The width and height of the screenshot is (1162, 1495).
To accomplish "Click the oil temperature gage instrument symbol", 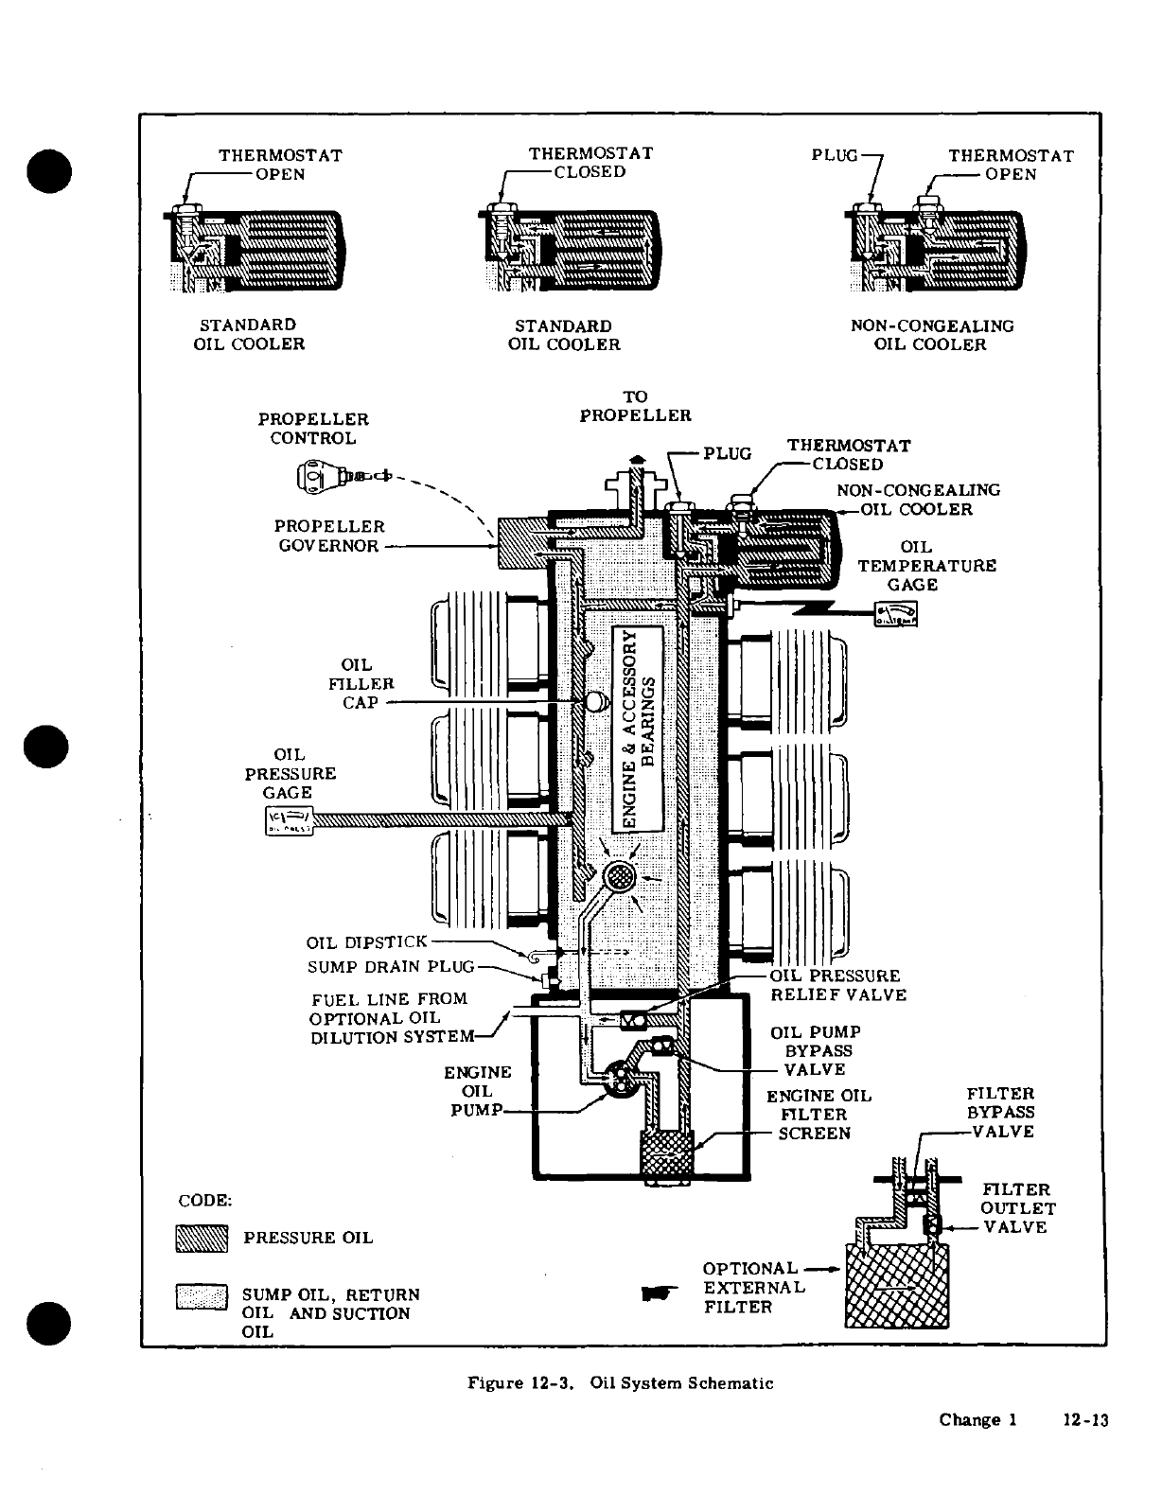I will [x=895, y=616].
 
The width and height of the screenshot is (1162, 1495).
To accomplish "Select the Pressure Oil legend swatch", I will [x=202, y=1239].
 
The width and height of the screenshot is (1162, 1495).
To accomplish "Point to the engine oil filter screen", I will [x=668, y=1155].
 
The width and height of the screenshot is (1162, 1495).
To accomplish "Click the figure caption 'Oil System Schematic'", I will [x=621, y=1383].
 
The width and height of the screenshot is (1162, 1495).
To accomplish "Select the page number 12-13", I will [x=1084, y=1420].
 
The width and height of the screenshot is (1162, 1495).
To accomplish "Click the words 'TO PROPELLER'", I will [x=635, y=407].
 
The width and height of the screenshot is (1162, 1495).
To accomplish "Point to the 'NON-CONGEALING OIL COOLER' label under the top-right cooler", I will [x=931, y=335].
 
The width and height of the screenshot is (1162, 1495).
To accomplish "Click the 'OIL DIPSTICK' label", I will [x=366, y=943].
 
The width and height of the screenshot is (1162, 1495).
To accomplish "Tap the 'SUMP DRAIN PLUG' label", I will [x=390, y=968].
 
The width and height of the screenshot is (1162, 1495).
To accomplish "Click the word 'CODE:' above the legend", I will [x=204, y=1201].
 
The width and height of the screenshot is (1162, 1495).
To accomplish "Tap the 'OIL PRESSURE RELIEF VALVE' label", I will [x=837, y=985].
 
